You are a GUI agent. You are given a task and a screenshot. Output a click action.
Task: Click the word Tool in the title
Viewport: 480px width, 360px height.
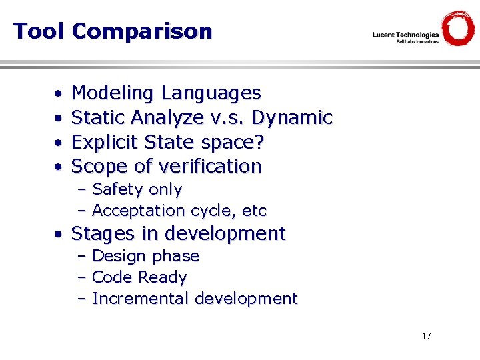pos(39,31)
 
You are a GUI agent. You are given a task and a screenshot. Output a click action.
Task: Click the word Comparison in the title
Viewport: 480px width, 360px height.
pos(141,31)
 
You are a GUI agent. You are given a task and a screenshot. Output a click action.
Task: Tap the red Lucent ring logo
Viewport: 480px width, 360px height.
pos(458,29)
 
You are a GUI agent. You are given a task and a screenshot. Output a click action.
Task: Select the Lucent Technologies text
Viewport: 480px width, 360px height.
pos(405,35)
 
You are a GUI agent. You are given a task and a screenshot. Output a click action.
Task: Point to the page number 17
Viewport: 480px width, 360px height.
pos(426,336)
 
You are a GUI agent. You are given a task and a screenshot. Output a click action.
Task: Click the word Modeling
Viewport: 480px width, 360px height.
pos(114,93)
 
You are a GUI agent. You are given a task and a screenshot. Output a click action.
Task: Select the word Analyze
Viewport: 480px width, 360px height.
pos(167,118)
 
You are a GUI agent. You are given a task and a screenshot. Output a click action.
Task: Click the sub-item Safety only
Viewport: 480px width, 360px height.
pos(137,190)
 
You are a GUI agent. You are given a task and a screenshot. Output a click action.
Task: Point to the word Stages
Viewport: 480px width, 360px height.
pos(103,234)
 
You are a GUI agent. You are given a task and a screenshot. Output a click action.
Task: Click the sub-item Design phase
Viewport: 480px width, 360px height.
pos(145,257)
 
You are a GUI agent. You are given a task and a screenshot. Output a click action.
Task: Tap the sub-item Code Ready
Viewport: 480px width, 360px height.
pos(139,277)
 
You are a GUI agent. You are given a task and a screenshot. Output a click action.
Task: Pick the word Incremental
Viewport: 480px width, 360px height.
pos(141,299)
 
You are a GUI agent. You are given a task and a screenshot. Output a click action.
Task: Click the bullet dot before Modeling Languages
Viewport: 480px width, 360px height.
pos(59,94)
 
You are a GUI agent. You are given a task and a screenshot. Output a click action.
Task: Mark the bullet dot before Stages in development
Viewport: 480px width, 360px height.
pos(59,235)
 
